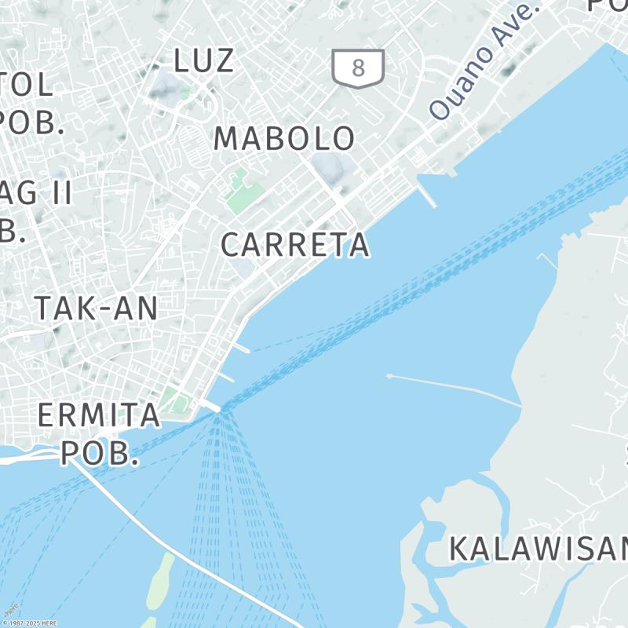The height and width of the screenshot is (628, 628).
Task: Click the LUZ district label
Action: coord(204,60)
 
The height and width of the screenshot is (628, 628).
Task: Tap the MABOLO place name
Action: coord(284,139)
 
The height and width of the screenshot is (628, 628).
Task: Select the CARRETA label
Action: coord(294,245)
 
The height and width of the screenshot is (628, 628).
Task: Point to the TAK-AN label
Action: coord(96,309)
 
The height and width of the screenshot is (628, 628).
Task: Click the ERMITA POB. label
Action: coord(100,433)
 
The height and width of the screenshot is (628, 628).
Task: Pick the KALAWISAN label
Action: coord(539,549)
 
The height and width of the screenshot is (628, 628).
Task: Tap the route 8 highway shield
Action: coord(358,68)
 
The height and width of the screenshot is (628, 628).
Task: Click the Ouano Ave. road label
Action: coord(485,62)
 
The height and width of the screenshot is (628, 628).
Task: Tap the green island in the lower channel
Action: coord(161,581)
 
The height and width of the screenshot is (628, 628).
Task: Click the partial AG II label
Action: coord(35,193)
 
